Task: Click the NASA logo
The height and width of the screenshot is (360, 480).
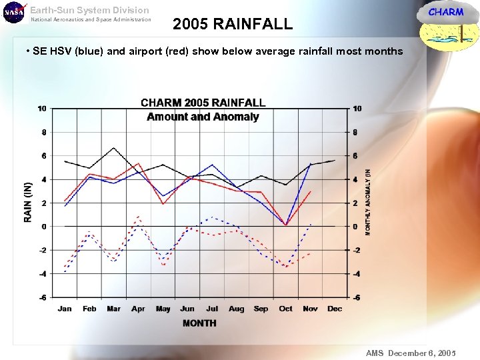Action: coord(13,12)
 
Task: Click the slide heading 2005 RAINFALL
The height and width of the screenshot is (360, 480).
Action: coord(232,25)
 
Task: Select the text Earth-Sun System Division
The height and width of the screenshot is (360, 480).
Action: coord(90,10)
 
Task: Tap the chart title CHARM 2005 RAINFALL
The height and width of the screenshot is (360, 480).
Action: coord(203,103)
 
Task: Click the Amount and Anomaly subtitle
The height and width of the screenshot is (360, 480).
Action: coord(203,117)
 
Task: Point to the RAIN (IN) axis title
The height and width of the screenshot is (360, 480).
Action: coord(28,202)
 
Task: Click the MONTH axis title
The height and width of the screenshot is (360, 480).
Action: coord(199,323)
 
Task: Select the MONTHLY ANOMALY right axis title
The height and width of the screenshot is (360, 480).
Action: coord(368,201)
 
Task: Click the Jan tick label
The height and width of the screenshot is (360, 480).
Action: coord(65,309)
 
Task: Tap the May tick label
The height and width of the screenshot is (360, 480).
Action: coord(163,309)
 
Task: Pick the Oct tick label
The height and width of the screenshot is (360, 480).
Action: coord(285,309)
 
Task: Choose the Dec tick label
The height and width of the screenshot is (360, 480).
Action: coord(335,309)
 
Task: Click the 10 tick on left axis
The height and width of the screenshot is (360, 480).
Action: coord(42,109)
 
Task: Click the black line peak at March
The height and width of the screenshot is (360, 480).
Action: coord(114,148)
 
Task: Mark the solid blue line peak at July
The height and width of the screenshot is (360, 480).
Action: coord(212,165)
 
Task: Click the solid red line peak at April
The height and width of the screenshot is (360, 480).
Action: coord(138,163)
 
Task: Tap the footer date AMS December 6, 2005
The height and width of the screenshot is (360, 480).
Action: coord(411,353)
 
